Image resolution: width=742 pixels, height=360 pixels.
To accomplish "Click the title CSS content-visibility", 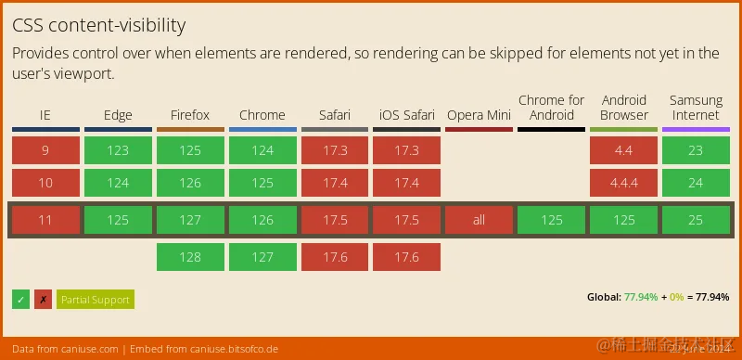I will pyautogui.click(x=99, y=25).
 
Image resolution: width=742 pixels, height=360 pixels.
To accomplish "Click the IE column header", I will pyautogui.click(x=45, y=115).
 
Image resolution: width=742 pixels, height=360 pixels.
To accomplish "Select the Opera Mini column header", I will pyautogui.click(x=479, y=115).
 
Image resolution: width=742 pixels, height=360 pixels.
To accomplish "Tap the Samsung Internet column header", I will pyautogui.click(x=696, y=108).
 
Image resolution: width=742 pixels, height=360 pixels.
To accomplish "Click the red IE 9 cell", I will pyautogui.click(x=45, y=150).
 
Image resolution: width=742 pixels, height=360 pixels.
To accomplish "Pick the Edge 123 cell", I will pyautogui.click(x=118, y=150).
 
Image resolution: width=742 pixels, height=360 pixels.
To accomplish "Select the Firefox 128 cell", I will pyautogui.click(x=190, y=257).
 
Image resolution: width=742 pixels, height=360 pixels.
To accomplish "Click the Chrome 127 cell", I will pyautogui.click(x=262, y=257).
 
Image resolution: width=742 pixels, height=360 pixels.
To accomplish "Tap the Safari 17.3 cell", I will pyautogui.click(x=334, y=150).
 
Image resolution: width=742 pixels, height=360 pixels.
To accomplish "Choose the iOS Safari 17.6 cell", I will pyautogui.click(x=406, y=257).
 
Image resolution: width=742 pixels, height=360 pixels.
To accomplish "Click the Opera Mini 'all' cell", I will pyautogui.click(x=479, y=220).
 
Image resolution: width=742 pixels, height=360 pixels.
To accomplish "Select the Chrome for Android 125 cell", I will pyautogui.click(x=551, y=220).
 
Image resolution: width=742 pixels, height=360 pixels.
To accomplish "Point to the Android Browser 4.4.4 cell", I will pyautogui.click(x=623, y=183).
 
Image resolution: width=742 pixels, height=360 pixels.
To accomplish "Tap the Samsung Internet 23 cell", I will pyautogui.click(x=696, y=150).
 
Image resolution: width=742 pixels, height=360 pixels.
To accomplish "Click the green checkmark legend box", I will pyautogui.click(x=20, y=300).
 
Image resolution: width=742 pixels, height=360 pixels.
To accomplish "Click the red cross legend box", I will pyautogui.click(x=43, y=300).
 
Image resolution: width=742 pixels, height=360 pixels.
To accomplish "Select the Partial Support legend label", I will pyautogui.click(x=95, y=300).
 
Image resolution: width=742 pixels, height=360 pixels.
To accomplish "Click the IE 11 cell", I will pyautogui.click(x=45, y=220).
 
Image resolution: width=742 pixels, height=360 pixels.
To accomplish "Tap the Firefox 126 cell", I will pyautogui.click(x=190, y=183).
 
